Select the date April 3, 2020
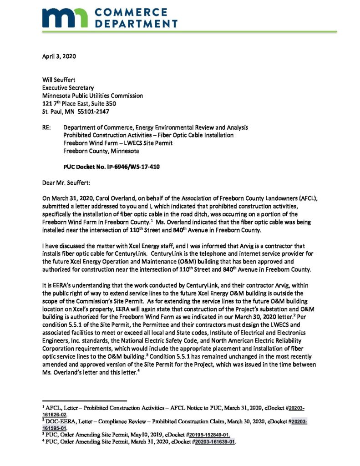pos(59,57)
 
